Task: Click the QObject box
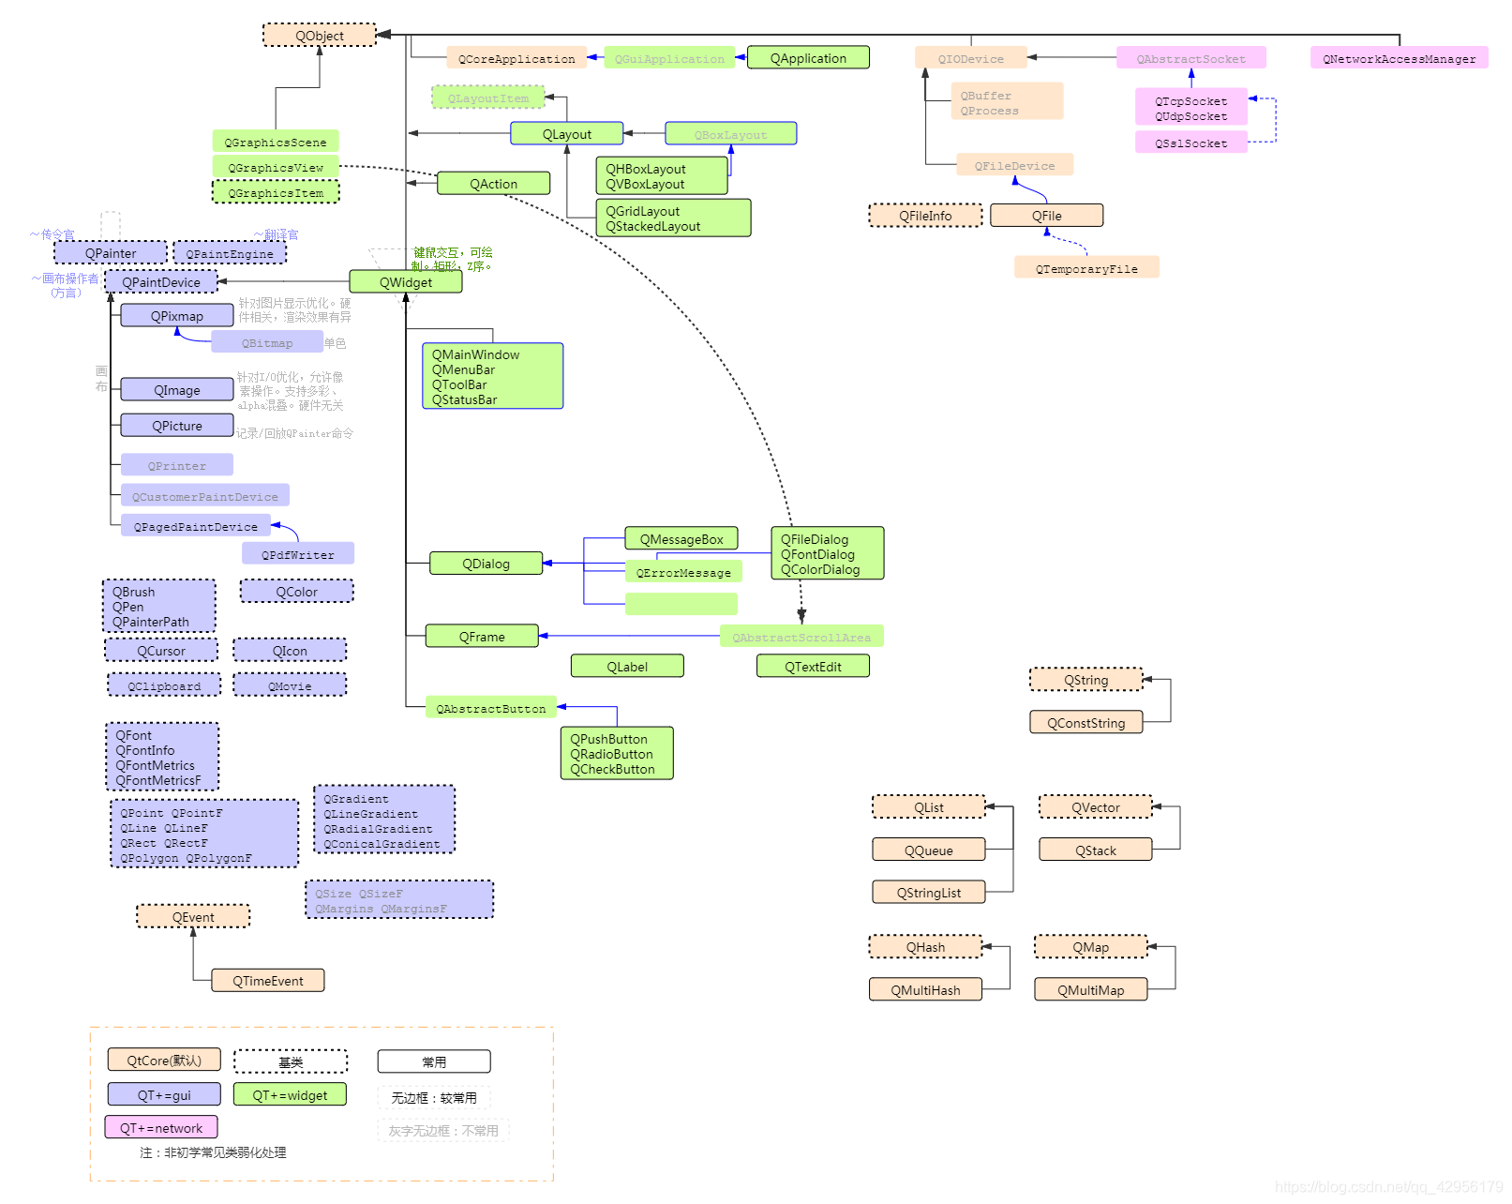pyautogui.click(x=320, y=36)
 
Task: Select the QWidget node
pyautogui.click(x=406, y=282)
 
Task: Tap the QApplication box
pyautogui.click(x=808, y=58)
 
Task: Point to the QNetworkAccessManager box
pyautogui.click(x=1399, y=58)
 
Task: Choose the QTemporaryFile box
pyautogui.click(x=1086, y=268)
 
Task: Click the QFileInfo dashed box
pyautogui.click(x=925, y=216)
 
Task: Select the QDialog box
pyautogui.click(x=486, y=564)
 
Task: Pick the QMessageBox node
pyautogui.click(x=681, y=539)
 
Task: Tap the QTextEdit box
pyautogui.click(x=813, y=667)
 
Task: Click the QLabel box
pyautogui.click(x=627, y=667)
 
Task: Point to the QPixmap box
pyautogui.click(x=177, y=316)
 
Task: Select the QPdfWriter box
pyautogui.click(x=298, y=554)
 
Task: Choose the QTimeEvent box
pyautogui.click(x=268, y=981)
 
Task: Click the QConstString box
pyautogui.click(x=1085, y=723)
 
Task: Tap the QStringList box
pyautogui.click(x=929, y=893)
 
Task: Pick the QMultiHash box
pyautogui.click(x=925, y=990)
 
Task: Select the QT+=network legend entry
pyautogui.click(x=161, y=1128)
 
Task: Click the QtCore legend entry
pyautogui.click(x=164, y=1061)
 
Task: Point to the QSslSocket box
pyautogui.click(x=1190, y=143)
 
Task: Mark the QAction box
pyautogui.click(x=493, y=184)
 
